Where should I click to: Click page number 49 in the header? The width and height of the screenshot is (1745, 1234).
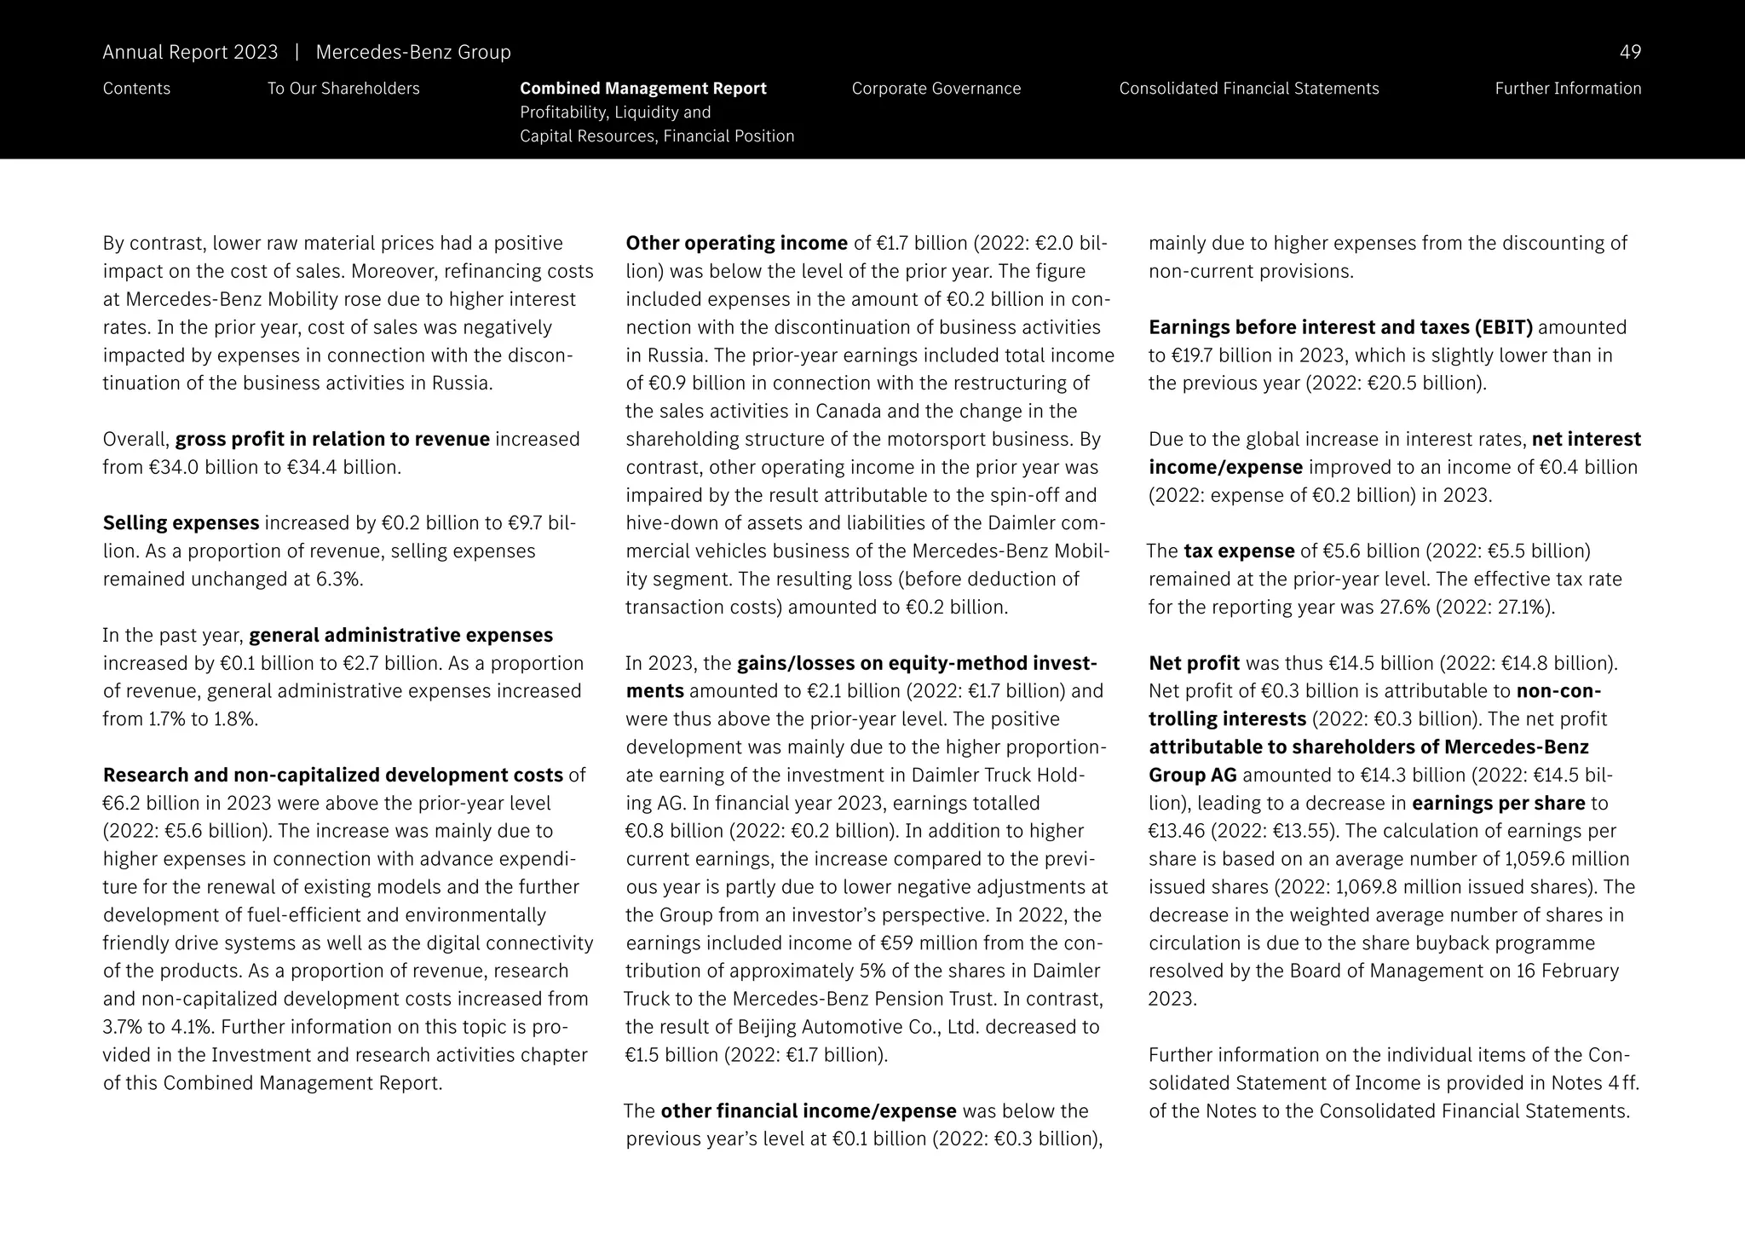1629,53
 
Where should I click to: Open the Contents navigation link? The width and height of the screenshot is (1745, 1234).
136,89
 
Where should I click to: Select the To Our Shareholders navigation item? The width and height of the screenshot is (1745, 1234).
343,89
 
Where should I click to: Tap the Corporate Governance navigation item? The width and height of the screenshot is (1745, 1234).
936,89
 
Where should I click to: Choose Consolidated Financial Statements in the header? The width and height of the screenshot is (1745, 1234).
1248,89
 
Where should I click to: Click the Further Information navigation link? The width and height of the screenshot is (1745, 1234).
1567,89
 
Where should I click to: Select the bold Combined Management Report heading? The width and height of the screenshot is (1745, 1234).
642,89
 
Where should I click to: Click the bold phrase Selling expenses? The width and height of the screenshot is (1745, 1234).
181,523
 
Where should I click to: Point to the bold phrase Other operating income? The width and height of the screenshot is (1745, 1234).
736,244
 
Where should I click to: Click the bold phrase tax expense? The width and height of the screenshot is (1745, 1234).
1239,551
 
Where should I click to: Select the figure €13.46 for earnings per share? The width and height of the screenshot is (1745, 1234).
1177,831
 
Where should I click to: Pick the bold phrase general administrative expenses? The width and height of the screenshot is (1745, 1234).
400,636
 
